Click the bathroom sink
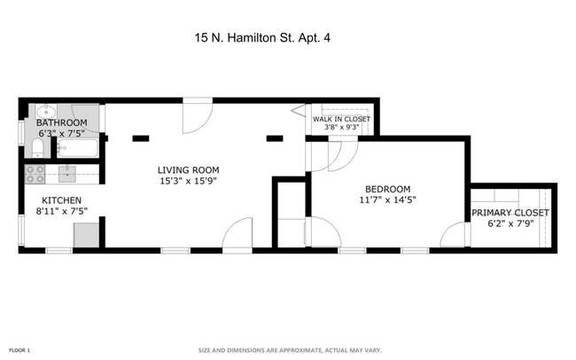click(x=46, y=111)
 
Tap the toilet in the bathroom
click(x=36, y=146)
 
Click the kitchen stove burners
click(x=35, y=172)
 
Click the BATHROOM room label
click(x=61, y=122)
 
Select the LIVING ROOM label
click(x=188, y=169)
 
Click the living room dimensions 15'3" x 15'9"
click(x=188, y=181)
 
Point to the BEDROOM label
click(x=388, y=189)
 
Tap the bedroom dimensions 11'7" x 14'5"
click(x=388, y=200)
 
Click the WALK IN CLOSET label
click(x=341, y=118)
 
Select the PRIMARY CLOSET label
click(x=510, y=213)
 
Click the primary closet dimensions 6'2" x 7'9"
click(x=510, y=225)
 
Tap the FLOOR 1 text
click(x=19, y=351)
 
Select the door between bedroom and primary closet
click(x=457, y=234)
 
